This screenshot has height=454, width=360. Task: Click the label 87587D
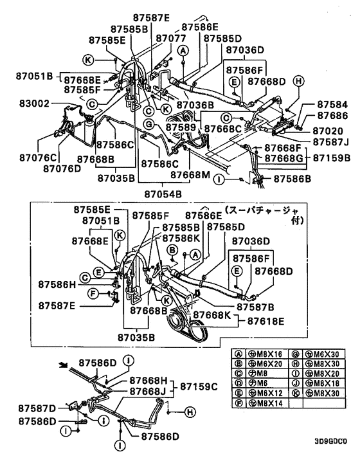37,408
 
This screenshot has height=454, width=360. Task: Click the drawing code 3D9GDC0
330,442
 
